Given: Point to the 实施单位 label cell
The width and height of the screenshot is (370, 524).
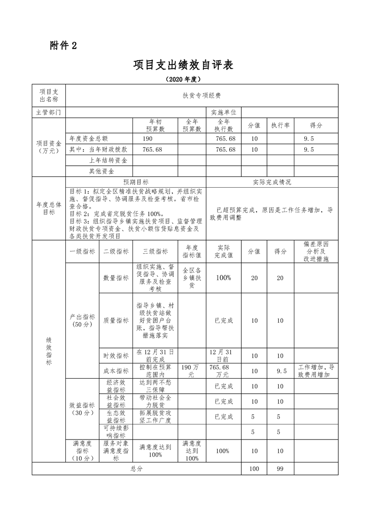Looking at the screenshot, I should pos(223,113).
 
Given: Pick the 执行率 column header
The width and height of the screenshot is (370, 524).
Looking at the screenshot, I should pos(280,126).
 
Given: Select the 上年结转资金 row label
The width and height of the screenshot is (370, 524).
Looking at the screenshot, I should pos(108,160).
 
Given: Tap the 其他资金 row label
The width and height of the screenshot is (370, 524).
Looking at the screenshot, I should pos(102,171).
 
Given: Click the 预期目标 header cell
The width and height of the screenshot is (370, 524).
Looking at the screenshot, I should pos(136,182).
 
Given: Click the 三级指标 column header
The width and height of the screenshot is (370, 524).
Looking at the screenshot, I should pos(155,251).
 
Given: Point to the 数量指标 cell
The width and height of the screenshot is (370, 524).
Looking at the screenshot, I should pos(116,277).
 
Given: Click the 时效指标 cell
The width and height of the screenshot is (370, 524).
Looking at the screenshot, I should pos(116,356).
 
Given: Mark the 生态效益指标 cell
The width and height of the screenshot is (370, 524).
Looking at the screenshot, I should pos(116,416).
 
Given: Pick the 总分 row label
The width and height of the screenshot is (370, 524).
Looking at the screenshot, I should pos(136,468).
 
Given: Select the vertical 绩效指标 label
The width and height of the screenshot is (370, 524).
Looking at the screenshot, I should pos(49,351).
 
